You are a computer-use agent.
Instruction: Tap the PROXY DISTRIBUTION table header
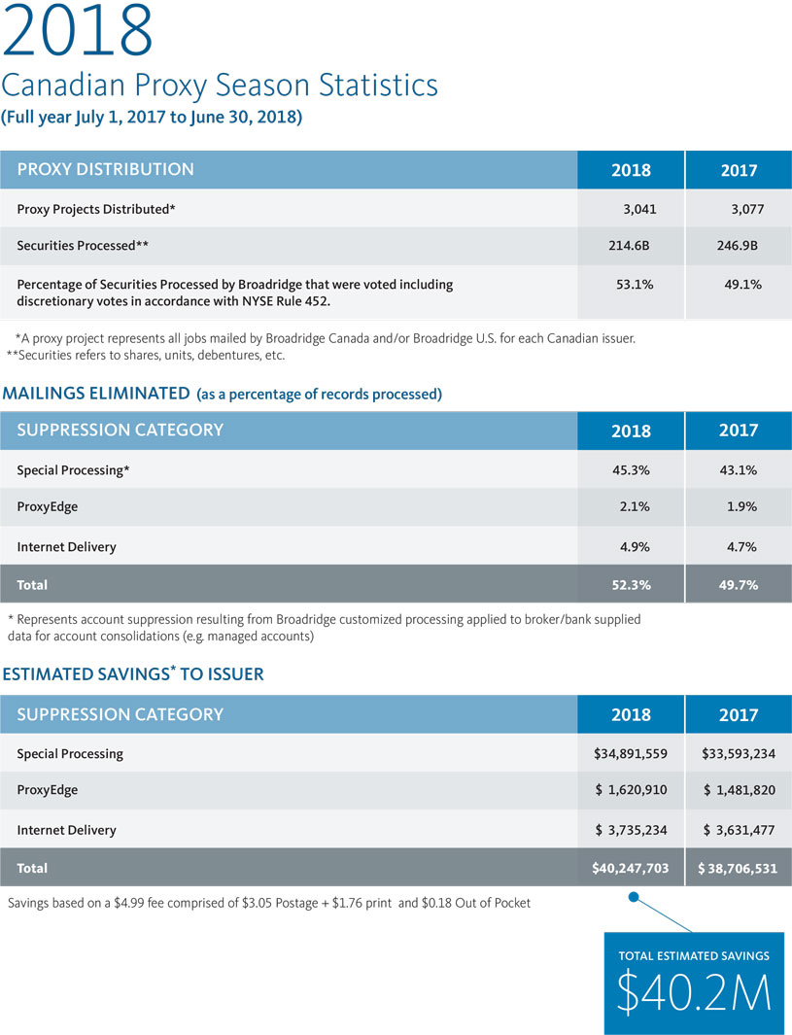point(106,170)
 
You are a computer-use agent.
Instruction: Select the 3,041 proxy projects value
point(639,209)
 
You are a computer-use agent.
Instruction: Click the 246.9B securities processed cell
point(738,246)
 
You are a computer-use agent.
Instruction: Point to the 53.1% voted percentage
point(635,285)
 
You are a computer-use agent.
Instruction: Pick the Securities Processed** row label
point(83,246)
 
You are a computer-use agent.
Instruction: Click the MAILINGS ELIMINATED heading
point(96,394)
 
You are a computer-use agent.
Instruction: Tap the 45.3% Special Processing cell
point(631,470)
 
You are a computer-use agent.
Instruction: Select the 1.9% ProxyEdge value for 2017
point(741,506)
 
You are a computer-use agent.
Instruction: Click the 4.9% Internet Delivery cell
point(635,546)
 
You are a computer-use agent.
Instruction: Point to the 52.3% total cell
point(631,585)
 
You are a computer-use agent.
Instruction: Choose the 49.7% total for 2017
point(738,585)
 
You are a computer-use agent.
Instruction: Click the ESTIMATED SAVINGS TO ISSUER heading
point(133,673)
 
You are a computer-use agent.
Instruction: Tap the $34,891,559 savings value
point(631,754)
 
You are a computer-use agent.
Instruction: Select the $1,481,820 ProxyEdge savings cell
point(740,790)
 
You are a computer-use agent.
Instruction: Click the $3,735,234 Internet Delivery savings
point(631,830)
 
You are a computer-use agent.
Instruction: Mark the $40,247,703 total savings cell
point(631,868)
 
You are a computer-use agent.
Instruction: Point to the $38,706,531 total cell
point(738,868)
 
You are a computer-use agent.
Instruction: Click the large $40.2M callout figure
point(694,991)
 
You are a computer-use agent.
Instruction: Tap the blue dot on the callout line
point(634,896)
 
